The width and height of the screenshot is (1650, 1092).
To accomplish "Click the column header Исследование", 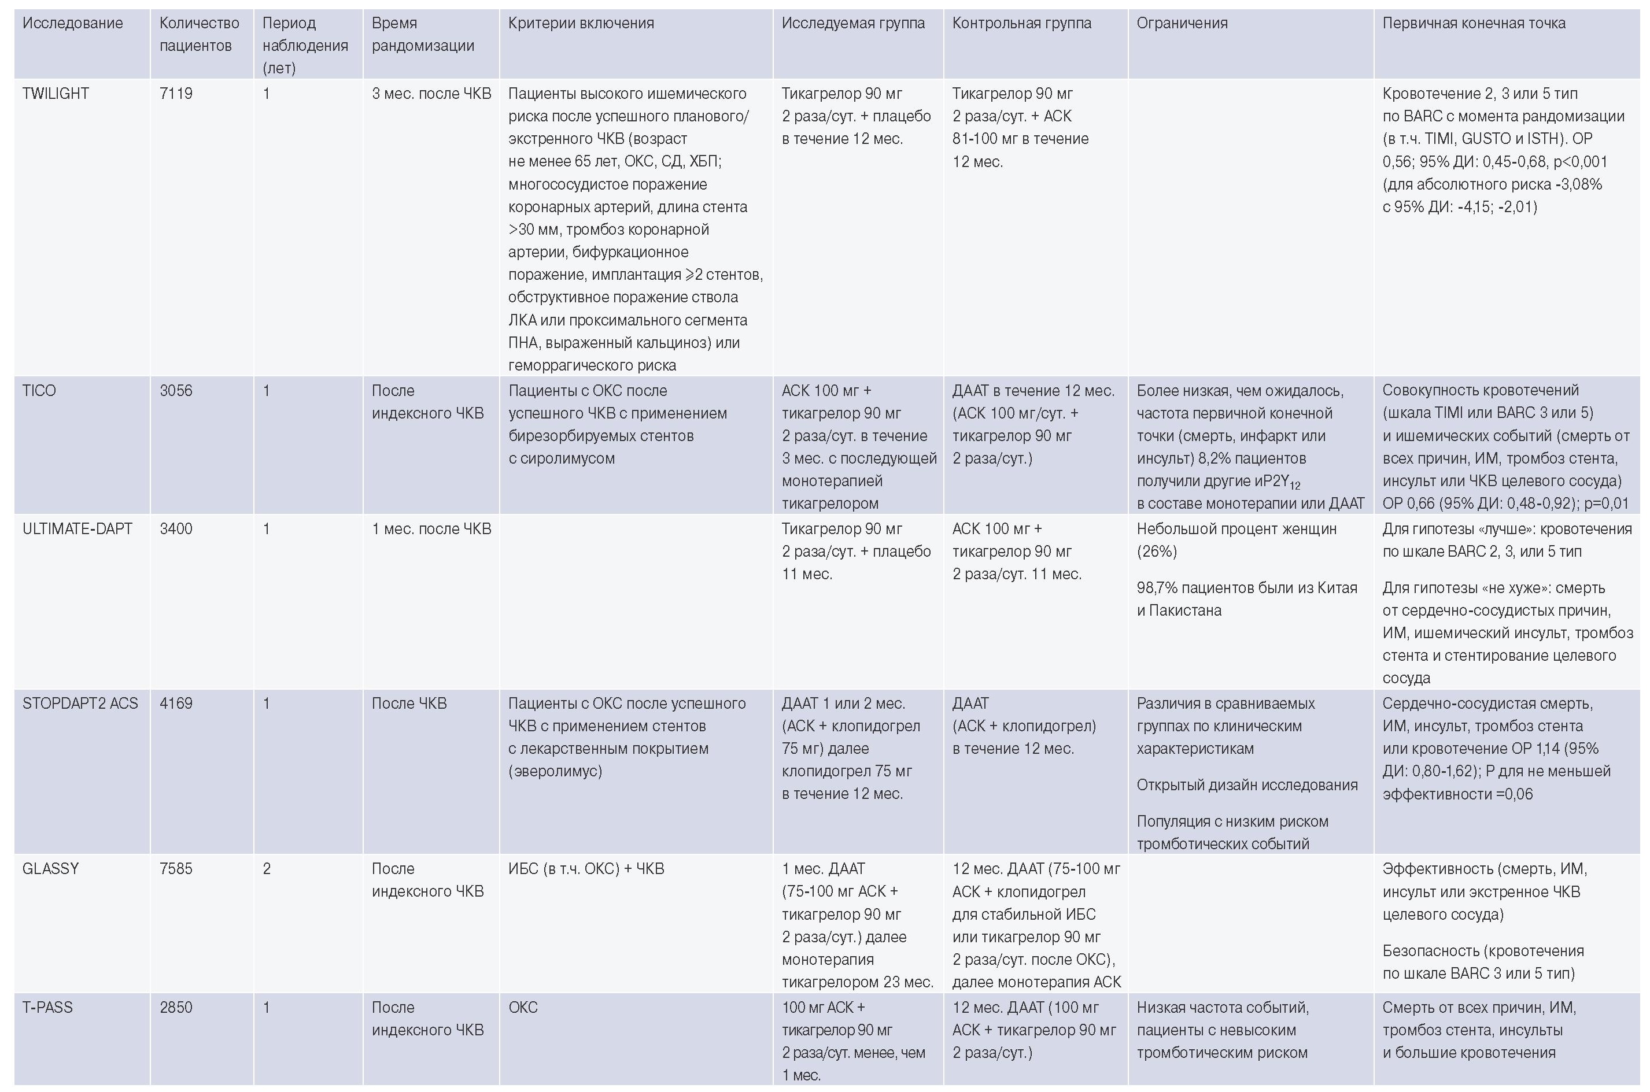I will pyautogui.click(x=72, y=23).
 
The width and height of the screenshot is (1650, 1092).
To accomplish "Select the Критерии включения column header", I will pyautogui.click(x=581, y=23).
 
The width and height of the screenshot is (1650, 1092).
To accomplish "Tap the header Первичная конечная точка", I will pyautogui.click(x=1474, y=23).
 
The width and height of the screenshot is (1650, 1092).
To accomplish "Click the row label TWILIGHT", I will pyautogui.click(x=56, y=93).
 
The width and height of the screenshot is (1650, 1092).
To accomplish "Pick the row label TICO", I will pyautogui.click(x=39, y=391).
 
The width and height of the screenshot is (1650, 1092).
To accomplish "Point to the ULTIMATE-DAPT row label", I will pyautogui.click(x=77, y=528).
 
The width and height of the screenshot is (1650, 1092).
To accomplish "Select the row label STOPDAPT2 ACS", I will pyautogui.click(x=80, y=704).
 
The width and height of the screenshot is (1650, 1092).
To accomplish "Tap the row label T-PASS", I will pyautogui.click(x=47, y=1007).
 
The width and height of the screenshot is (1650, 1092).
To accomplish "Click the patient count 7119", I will pyautogui.click(x=176, y=93).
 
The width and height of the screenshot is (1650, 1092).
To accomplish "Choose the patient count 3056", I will pyautogui.click(x=176, y=391).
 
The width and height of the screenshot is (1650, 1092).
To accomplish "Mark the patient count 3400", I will pyautogui.click(x=176, y=528).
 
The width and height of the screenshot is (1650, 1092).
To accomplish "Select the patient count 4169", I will pyautogui.click(x=176, y=704).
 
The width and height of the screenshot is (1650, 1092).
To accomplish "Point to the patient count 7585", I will pyautogui.click(x=176, y=868).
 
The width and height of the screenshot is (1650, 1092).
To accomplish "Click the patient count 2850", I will pyautogui.click(x=176, y=1007).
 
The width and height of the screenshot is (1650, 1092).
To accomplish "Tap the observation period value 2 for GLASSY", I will pyautogui.click(x=266, y=868).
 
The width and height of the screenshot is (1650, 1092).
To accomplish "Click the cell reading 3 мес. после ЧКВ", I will pyautogui.click(x=431, y=93).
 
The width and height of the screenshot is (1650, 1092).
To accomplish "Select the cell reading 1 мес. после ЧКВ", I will pyautogui.click(x=431, y=528).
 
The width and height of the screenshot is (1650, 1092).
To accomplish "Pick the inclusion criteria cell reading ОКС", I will pyautogui.click(x=523, y=1007).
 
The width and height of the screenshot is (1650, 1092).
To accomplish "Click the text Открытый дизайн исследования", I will pyautogui.click(x=1246, y=785).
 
